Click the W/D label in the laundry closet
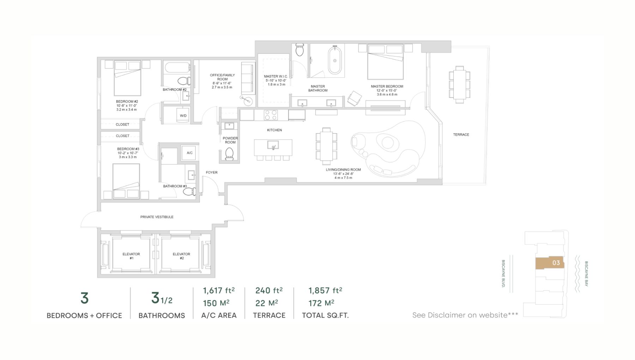click(183, 116)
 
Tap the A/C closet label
click(189, 153)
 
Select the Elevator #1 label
click(131, 256)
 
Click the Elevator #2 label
click(181, 256)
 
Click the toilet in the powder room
click(229, 154)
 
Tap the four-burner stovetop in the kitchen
click(271, 115)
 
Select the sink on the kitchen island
click(273, 145)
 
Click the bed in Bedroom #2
click(127, 78)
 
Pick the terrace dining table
click(459, 85)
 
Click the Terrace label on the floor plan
click(461, 134)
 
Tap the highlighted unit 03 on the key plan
click(550, 263)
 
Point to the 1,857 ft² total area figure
click(325, 290)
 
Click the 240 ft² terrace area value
click(269, 290)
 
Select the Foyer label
click(212, 173)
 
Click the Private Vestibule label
click(157, 217)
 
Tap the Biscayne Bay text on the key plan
click(586, 274)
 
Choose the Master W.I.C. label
click(276, 76)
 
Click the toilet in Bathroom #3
click(190, 192)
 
